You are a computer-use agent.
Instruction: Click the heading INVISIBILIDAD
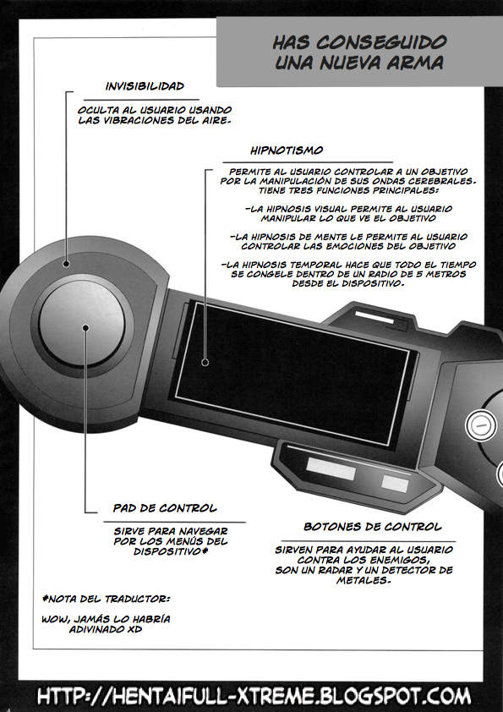[145, 86]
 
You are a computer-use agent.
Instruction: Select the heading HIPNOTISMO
[287, 151]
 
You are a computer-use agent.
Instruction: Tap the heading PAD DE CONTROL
[165, 508]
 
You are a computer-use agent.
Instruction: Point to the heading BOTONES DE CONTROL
[372, 527]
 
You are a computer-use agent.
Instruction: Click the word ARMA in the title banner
[415, 63]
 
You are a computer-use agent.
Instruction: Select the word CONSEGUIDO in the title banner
[381, 42]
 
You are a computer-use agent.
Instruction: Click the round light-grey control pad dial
[82, 323]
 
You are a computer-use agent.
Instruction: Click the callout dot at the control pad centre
[85, 327]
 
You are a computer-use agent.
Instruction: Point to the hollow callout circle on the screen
[205, 363]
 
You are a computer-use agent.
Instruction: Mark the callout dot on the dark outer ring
[66, 264]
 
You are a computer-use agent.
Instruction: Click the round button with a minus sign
[480, 425]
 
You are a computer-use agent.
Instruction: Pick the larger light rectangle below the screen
[331, 468]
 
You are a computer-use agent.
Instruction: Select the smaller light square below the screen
[395, 483]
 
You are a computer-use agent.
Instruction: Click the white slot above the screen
[374, 316]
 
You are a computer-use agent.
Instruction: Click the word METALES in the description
[363, 580]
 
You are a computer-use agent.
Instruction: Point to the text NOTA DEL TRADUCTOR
[106, 599]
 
